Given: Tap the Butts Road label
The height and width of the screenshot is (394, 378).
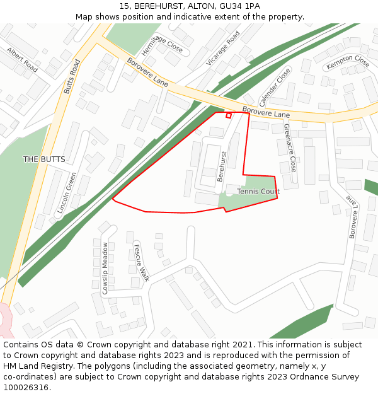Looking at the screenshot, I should (x=72, y=77).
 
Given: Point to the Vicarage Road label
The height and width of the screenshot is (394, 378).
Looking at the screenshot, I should (x=223, y=49).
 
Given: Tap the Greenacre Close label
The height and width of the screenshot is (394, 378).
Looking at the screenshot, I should (x=290, y=148).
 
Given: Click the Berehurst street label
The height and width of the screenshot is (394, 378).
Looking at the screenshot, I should (x=221, y=166).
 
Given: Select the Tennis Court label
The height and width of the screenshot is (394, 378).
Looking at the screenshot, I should (x=258, y=191).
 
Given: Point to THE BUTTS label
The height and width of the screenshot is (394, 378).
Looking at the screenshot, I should (x=44, y=159).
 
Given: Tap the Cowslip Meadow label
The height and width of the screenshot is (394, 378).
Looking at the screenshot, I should (x=105, y=268).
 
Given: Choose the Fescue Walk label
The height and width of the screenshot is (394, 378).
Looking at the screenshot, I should (x=140, y=262).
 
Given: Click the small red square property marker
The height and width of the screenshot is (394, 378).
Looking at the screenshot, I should (x=229, y=115).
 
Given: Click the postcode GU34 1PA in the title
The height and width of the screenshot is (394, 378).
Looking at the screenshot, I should (x=239, y=6).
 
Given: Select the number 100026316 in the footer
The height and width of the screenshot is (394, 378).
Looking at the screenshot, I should (x=25, y=388).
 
